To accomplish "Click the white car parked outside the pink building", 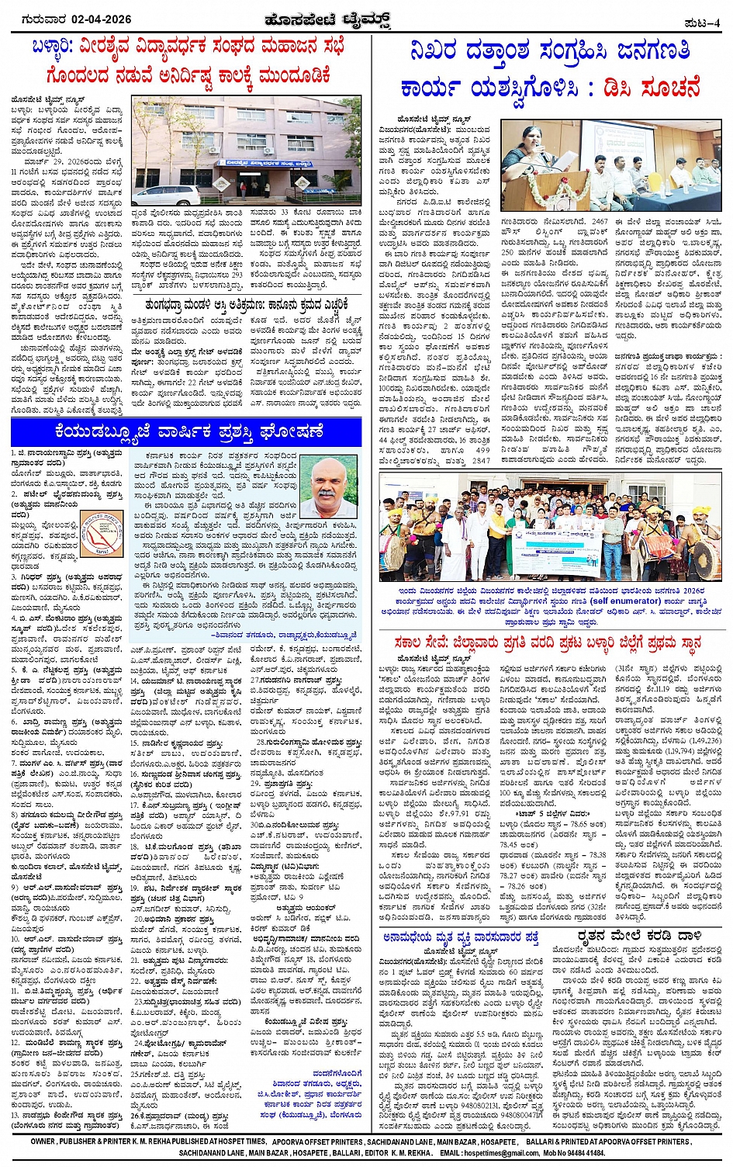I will click(165, 195).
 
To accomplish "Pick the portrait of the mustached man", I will click(328, 487).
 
